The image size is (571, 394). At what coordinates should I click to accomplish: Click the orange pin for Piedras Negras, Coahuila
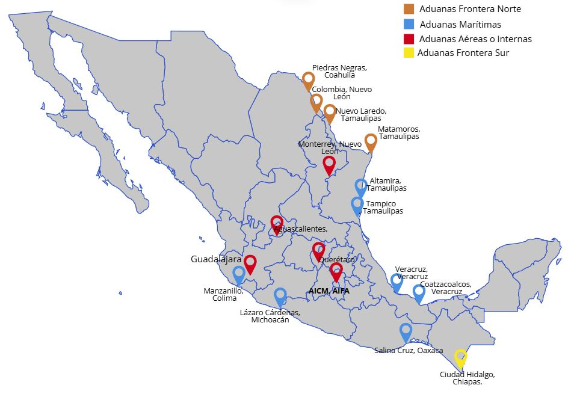(308, 80)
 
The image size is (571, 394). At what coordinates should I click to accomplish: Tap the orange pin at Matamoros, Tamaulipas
(371, 142)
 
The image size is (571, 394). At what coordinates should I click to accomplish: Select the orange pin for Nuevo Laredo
(330, 112)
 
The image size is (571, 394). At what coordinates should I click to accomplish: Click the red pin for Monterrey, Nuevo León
(329, 164)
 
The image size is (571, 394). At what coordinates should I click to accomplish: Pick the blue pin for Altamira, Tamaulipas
(361, 187)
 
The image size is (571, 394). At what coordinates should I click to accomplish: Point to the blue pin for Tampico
(357, 205)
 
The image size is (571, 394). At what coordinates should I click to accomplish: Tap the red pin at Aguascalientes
(277, 224)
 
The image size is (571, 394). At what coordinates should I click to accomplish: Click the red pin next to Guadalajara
(250, 263)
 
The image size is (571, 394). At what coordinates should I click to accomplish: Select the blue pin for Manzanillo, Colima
(239, 274)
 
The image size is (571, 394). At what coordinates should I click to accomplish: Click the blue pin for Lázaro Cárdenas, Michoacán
(280, 296)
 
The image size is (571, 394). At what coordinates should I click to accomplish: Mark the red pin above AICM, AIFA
(336, 271)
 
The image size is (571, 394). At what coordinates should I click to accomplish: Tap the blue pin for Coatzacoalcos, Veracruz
(419, 293)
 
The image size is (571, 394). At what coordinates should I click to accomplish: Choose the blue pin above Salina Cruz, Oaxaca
(406, 331)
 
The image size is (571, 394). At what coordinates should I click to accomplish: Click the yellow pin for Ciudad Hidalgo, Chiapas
(460, 357)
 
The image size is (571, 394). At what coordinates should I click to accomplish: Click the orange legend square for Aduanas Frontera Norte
(409, 9)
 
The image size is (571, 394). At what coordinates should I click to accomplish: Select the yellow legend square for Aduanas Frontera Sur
(409, 53)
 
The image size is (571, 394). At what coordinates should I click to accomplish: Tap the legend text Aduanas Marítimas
(460, 25)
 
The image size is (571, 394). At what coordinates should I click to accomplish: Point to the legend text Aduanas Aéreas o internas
(475, 39)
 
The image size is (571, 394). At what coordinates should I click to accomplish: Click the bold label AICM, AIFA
(329, 291)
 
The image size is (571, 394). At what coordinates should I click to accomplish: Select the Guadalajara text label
(216, 259)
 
